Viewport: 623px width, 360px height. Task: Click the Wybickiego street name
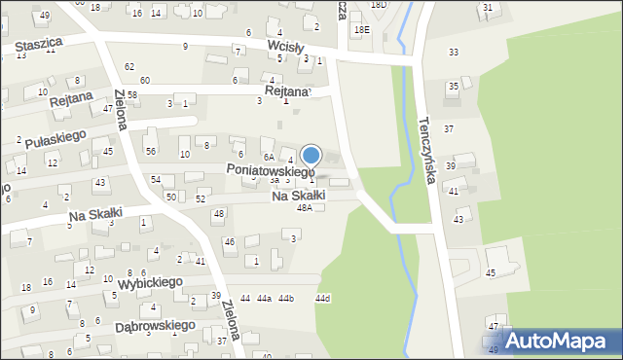click(150, 282)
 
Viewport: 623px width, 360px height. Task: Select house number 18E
click(361, 30)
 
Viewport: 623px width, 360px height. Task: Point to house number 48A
click(305, 208)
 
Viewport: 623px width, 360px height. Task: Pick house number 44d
click(322, 298)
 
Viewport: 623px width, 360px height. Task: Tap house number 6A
click(268, 157)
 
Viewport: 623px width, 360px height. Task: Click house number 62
click(129, 66)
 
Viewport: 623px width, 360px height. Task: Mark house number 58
click(131, 94)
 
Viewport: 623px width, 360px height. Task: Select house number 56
click(151, 151)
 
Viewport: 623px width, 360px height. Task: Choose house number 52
click(201, 198)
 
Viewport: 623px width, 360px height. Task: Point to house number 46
click(230, 241)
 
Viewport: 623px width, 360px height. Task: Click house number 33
click(453, 52)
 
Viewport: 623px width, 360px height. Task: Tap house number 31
click(487, 8)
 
